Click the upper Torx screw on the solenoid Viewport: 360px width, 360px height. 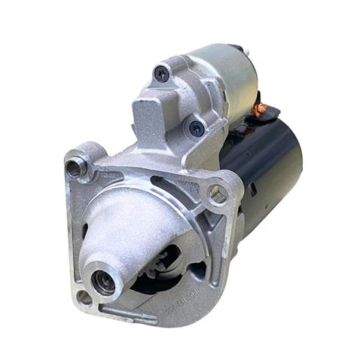click(162, 74)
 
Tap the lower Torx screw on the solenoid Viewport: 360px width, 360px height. click(196, 128)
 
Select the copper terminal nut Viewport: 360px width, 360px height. click(260, 109)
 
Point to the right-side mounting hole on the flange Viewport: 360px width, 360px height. click(218, 194)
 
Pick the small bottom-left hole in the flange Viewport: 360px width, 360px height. click(84, 296)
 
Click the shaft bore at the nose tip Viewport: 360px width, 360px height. click(103, 282)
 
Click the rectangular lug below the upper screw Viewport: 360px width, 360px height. click(151, 117)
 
